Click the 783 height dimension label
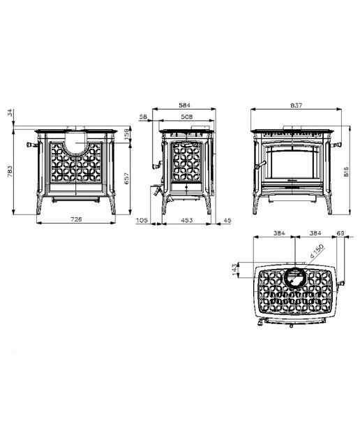pyautogui.click(x=10, y=171)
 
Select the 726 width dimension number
pyautogui.click(x=76, y=219)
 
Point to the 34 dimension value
pyautogui.click(x=10, y=112)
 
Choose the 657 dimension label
pyautogui.click(x=127, y=178)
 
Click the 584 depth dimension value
pyautogui.click(x=184, y=105)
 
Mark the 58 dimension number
pyautogui.click(x=143, y=117)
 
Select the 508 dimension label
pyautogui.click(x=186, y=117)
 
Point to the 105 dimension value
pyautogui.click(x=142, y=220)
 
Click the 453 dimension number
pyautogui.click(x=187, y=220)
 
